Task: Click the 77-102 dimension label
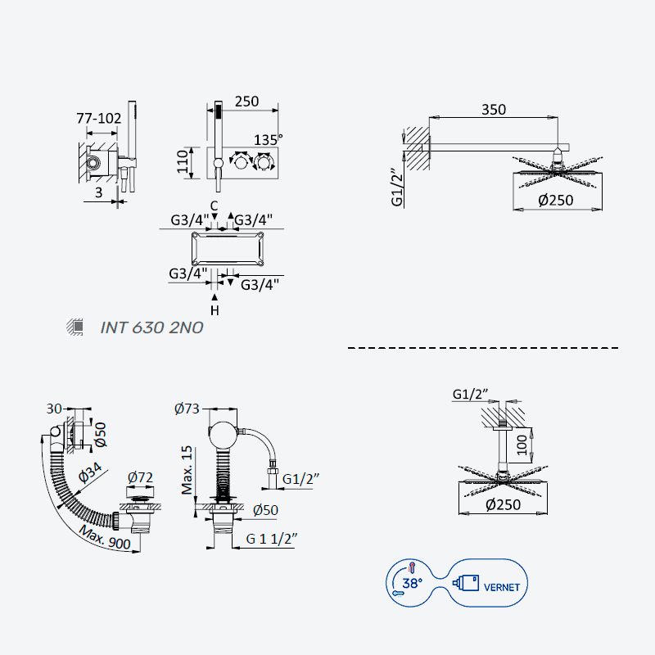coord(98,118)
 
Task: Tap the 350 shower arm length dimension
coord(494,110)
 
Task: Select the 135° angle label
coord(269,139)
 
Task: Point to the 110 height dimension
coord(183,161)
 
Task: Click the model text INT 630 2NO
coord(151,327)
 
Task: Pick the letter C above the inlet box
coord(214,206)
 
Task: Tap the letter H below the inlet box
coord(215,311)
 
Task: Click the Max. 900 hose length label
coord(105,538)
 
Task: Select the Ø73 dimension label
coord(187,408)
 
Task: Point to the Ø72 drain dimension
coord(140,477)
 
